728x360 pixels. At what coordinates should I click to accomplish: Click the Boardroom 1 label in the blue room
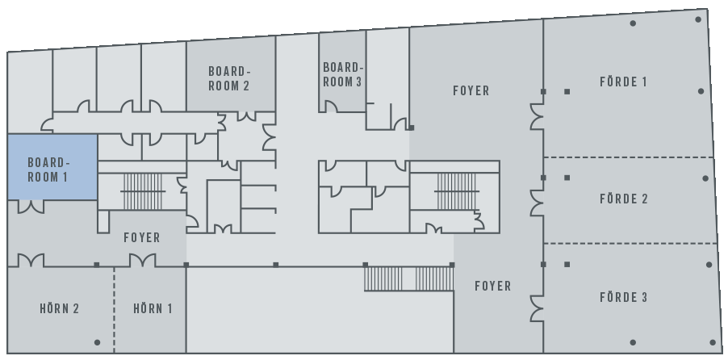pos(48,170)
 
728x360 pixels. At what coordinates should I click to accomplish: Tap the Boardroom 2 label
pos(229,78)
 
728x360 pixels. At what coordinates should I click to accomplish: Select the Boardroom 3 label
pos(343,74)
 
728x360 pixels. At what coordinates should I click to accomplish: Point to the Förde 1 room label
pos(623,82)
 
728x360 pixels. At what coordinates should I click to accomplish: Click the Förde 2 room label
pos(624,199)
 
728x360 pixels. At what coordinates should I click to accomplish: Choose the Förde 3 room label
pos(624,297)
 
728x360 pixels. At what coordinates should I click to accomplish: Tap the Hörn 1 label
pos(153,308)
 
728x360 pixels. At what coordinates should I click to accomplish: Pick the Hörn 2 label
pos(60,308)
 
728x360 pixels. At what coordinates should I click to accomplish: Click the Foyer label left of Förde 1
pos(471,90)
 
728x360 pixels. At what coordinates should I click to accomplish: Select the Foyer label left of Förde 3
pos(493,286)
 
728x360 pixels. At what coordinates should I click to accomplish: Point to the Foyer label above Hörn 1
pos(142,237)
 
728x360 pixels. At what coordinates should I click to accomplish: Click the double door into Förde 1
pos(537,116)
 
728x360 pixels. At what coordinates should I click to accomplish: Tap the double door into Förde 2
pos(537,203)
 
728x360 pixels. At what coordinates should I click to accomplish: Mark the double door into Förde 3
pos(537,308)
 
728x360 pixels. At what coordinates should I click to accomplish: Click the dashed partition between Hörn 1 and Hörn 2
pos(115,310)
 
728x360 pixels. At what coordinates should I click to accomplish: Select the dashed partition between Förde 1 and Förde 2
pos(629,158)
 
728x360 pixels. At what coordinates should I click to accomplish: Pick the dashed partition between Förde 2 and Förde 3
pos(630,243)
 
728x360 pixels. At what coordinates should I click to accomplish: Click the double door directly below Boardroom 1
pos(31,207)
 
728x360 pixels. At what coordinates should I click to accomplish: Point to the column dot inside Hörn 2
pos(97,343)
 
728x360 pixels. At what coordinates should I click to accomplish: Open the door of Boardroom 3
pos(330,107)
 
